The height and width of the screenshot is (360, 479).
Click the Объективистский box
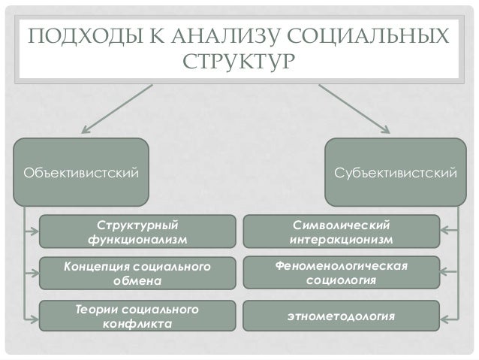coord(82,173)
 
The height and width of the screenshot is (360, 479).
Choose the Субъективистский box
coord(396,173)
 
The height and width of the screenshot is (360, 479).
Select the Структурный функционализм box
coord(137,231)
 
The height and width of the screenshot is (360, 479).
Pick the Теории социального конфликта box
coord(137,316)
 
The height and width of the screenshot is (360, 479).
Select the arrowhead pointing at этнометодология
coord(444,316)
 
